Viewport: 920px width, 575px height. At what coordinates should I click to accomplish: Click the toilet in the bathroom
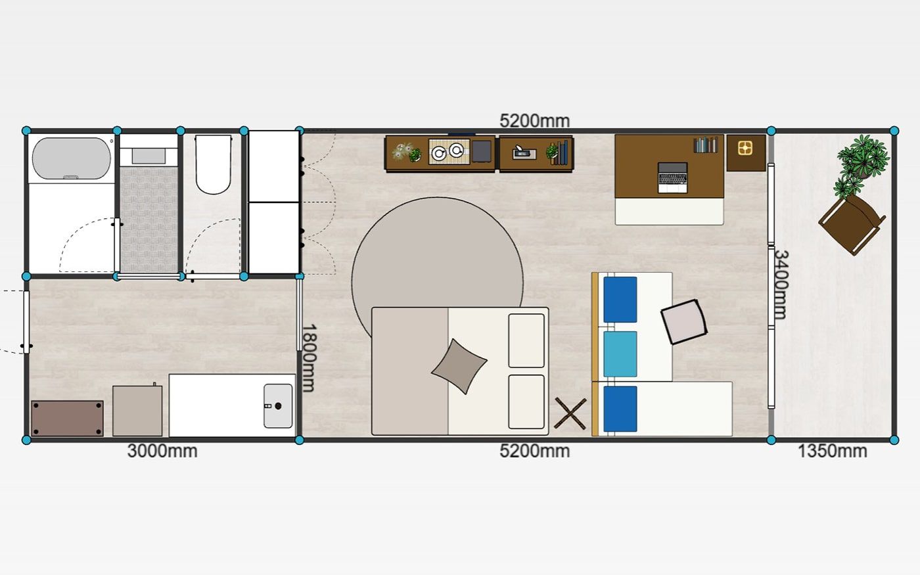(x=212, y=164)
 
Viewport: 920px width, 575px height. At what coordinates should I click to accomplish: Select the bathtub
(x=72, y=158)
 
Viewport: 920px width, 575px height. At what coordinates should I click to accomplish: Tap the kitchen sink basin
(x=278, y=406)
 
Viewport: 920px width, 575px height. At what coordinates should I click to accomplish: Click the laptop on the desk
(x=672, y=177)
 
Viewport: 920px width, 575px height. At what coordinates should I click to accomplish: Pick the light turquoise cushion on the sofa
(x=620, y=354)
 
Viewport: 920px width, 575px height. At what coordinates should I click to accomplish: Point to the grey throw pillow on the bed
(x=459, y=367)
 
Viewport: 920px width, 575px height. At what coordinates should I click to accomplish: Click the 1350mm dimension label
(x=832, y=451)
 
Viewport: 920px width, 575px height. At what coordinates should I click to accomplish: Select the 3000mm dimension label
(x=162, y=451)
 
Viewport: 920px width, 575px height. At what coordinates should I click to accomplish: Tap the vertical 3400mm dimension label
(x=781, y=285)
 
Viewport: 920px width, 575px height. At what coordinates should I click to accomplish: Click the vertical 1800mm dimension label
(x=309, y=358)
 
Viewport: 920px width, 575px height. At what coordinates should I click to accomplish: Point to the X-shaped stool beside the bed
(x=570, y=413)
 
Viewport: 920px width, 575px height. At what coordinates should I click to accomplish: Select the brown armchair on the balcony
(x=852, y=224)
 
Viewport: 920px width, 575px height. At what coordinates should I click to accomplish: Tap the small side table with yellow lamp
(x=746, y=152)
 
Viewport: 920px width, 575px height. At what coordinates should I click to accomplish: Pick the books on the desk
(x=706, y=145)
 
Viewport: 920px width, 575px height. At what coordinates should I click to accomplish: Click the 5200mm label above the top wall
(x=534, y=121)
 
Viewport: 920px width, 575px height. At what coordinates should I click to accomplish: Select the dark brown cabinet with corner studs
(x=67, y=418)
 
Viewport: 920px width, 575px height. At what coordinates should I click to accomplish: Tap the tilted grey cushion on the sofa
(x=684, y=322)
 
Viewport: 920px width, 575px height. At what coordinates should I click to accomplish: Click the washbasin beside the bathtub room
(x=149, y=156)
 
